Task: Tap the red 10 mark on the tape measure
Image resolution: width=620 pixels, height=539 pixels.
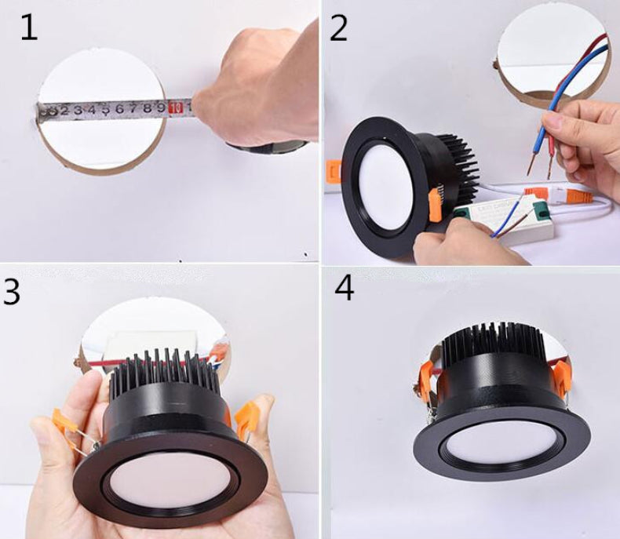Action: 177,107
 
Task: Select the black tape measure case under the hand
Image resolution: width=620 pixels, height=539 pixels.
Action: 267,146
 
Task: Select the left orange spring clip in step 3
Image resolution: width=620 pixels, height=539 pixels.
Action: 61,419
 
